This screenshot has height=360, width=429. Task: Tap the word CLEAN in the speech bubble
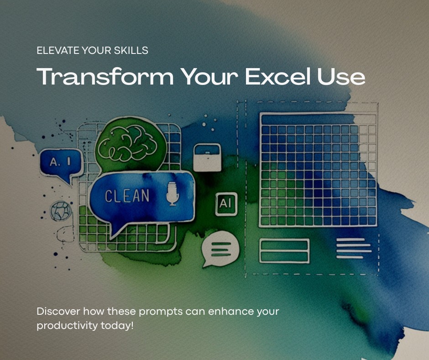click(127, 196)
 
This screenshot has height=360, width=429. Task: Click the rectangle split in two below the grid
click(284, 251)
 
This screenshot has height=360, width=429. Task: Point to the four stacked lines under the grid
click(353, 248)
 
